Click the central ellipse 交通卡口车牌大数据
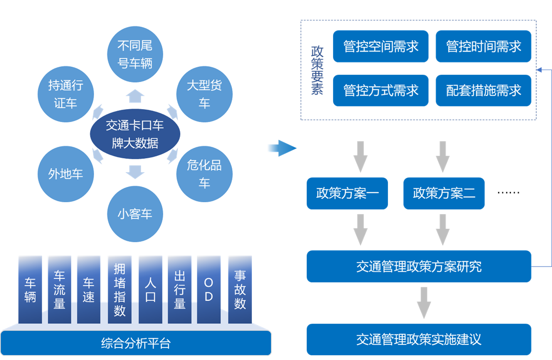click(135, 134)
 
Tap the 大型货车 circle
click(204, 94)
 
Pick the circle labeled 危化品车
click(204, 174)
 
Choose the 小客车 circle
click(135, 214)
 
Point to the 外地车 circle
click(66, 174)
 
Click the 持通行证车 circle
click(66, 94)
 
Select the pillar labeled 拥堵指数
click(119, 289)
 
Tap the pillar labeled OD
click(208, 289)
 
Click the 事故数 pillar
click(240, 289)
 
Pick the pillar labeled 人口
click(150, 289)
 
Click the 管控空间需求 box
click(381, 46)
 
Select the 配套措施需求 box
click(483, 91)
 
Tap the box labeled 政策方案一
click(347, 194)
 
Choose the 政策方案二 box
click(444, 194)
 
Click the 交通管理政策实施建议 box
click(418, 339)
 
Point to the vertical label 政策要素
click(317, 71)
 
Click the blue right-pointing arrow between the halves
click(282, 148)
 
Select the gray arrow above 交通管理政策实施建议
click(424, 302)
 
